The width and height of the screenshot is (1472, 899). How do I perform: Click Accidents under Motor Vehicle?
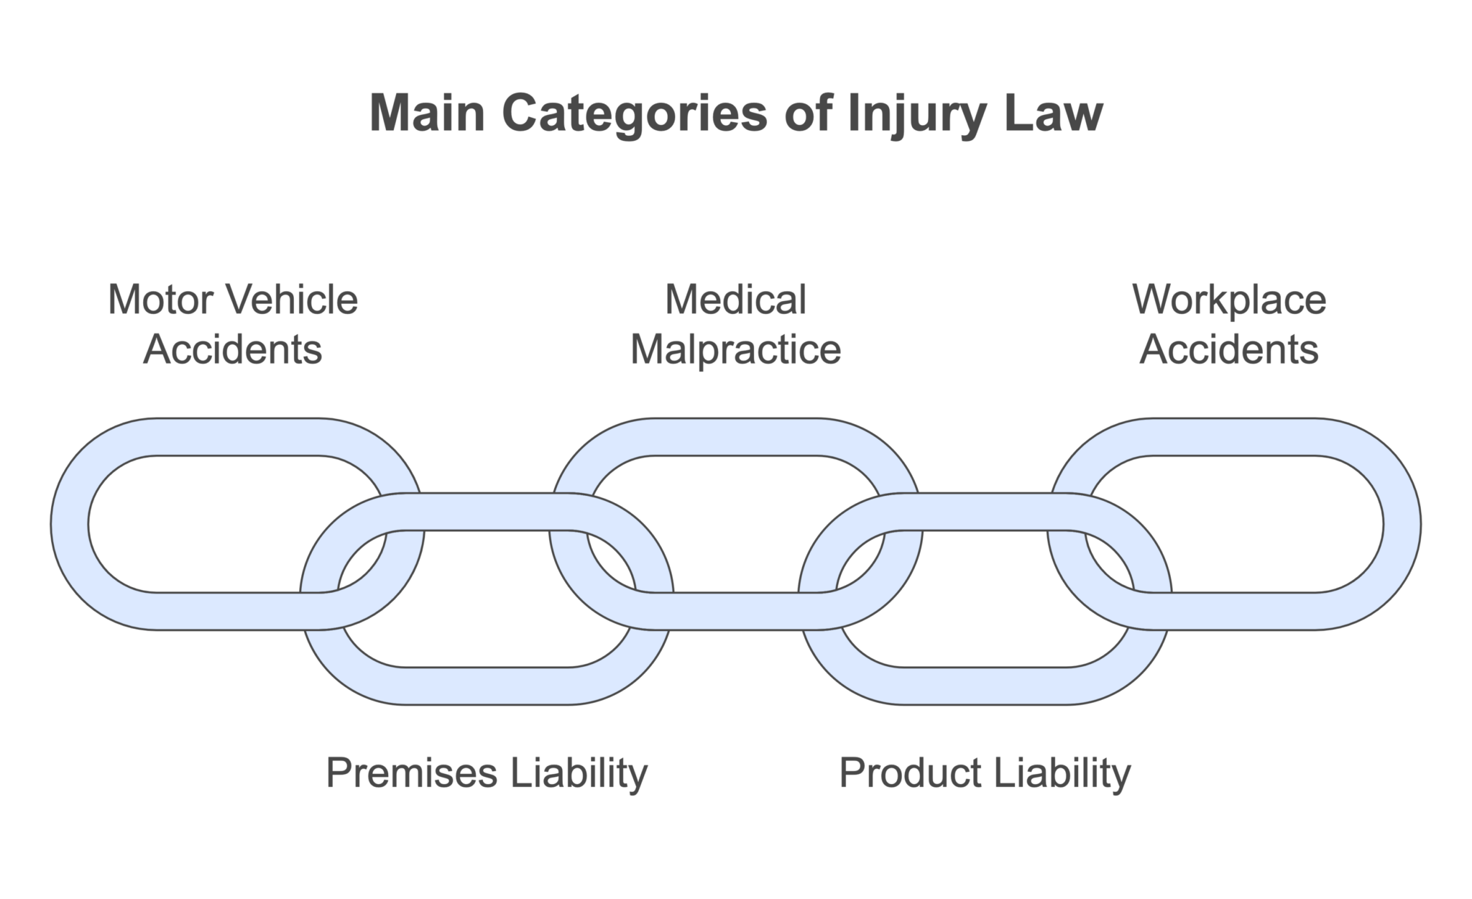(x=232, y=350)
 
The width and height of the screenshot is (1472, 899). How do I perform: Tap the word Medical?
(x=735, y=300)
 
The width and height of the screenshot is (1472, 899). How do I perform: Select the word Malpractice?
(x=735, y=351)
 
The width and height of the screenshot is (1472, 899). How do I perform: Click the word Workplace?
(x=1229, y=300)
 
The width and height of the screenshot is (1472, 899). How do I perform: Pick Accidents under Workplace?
(x=1229, y=350)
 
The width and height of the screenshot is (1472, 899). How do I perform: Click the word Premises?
(x=413, y=773)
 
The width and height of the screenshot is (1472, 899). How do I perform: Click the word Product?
(x=910, y=773)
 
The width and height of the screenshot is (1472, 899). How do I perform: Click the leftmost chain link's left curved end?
(x=70, y=524)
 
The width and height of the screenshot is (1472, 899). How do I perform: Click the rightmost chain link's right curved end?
(x=1402, y=524)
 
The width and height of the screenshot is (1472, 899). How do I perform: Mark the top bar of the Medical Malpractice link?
(x=735, y=437)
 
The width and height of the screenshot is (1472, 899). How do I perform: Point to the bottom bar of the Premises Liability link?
(x=487, y=686)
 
